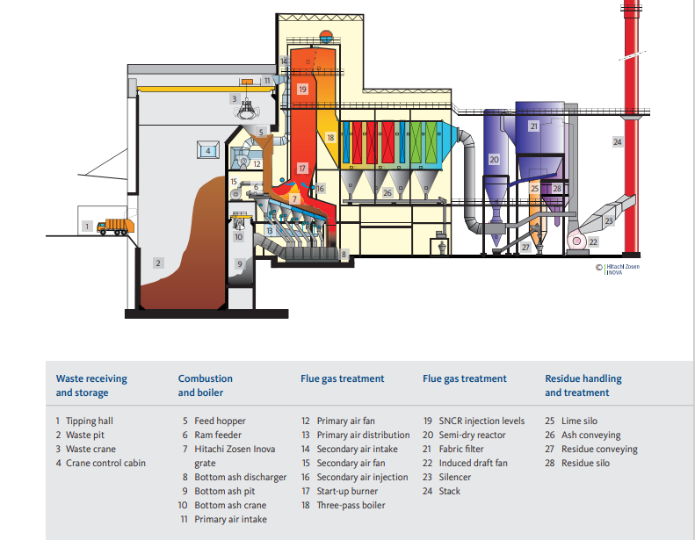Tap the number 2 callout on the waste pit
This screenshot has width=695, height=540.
pyautogui.click(x=158, y=263)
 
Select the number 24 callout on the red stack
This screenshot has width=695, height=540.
pyautogui.click(x=618, y=141)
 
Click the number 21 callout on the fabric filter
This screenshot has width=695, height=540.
pyautogui.click(x=533, y=126)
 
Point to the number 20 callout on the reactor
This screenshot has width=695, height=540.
pyautogui.click(x=494, y=160)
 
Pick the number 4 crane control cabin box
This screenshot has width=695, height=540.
pyautogui.click(x=208, y=151)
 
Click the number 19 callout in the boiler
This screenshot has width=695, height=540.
pyautogui.click(x=302, y=90)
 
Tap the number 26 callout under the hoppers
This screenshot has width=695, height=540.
pyautogui.click(x=387, y=192)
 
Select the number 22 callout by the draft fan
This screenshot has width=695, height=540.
pyautogui.click(x=593, y=241)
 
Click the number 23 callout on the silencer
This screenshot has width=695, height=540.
pyautogui.click(x=608, y=221)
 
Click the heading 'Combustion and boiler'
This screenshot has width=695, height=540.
pyautogui.click(x=205, y=385)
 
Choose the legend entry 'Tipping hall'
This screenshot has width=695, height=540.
pyautogui.click(x=89, y=421)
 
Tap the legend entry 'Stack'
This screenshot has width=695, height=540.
pyautogui.click(x=449, y=491)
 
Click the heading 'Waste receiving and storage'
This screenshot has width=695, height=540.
pyautogui.click(x=91, y=385)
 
